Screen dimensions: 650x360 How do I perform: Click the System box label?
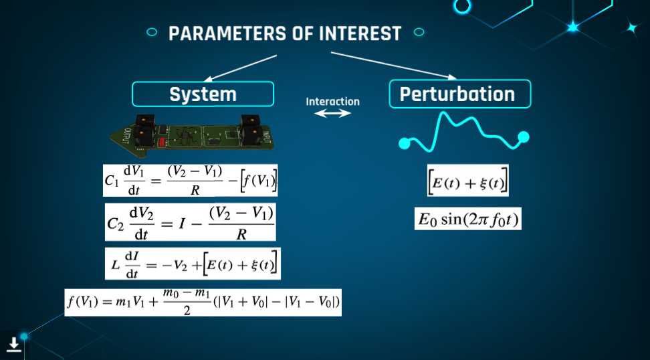pyautogui.click(x=203, y=94)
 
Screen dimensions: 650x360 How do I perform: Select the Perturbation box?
pyautogui.click(x=459, y=94)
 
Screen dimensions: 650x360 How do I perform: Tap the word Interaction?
pyautogui.click(x=333, y=102)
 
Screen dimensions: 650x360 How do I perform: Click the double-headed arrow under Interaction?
pyautogui.click(x=332, y=113)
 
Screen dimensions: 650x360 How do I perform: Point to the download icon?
pyautogui.click(x=13, y=345)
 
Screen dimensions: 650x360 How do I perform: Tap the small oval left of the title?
pyautogui.click(x=152, y=32)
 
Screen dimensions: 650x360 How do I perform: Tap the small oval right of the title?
pyautogui.click(x=419, y=32)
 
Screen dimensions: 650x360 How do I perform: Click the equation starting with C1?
pyautogui.click(x=191, y=181)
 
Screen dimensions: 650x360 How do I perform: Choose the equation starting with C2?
pyautogui.click(x=191, y=222)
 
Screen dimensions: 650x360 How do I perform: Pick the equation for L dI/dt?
pyautogui.click(x=193, y=264)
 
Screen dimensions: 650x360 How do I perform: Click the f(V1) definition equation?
pyautogui.click(x=203, y=302)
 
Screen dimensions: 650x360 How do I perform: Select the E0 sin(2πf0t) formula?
pyautogui.click(x=468, y=219)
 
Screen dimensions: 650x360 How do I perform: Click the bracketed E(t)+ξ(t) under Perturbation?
pyautogui.click(x=468, y=181)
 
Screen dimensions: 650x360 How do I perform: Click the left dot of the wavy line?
pyautogui.click(x=404, y=143)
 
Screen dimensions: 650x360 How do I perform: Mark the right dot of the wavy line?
pyautogui.click(x=524, y=137)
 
